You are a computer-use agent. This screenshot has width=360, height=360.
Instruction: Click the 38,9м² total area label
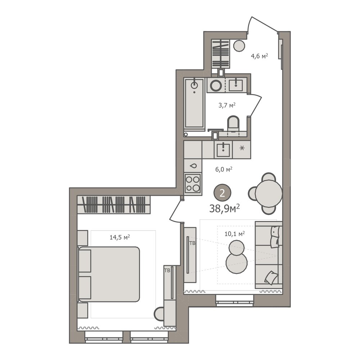pyautogui.click(x=225, y=208)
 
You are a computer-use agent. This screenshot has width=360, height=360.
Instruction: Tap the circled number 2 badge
pyautogui.click(x=222, y=193)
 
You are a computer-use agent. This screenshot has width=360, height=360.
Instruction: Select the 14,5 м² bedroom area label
pyautogui.click(x=120, y=237)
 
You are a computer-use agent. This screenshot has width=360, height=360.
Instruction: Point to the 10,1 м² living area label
pyautogui.click(x=234, y=234)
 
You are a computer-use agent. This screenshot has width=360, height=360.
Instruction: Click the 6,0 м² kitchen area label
pyautogui.click(x=224, y=170)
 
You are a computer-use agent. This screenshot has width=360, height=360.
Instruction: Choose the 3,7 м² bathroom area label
pyautogui.click(x=227, y=105)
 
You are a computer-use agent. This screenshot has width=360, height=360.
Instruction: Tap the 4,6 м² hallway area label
pyautogui.click(x=260, y=56)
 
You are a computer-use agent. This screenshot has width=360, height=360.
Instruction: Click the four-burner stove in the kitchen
pyautogui.click(x=193, y=183)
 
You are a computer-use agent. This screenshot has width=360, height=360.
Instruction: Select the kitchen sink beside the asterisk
pyautogui.click(x=223, y=149)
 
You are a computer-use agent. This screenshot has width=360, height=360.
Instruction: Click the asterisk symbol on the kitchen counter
pyautogui.click(x=242, y=148)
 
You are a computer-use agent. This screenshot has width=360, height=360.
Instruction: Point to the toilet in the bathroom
pyautogui.click(x=233, y=124)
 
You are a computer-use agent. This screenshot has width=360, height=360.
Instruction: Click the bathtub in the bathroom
pyautogui.click(x=194, y=104)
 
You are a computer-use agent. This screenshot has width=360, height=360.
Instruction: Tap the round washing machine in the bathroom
pyautogui.click(x=216, y=85)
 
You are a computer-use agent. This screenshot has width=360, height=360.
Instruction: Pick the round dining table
pyautogui.click(x=269, y=193)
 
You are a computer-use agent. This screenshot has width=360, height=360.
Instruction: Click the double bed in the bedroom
pyautogui.click(x=109, y=274)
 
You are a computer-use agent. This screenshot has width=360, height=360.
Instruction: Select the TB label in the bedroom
pyautogui.click(x=167, y=270)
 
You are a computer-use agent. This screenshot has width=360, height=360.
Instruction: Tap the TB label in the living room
pyautogui.click(x=192, y=243)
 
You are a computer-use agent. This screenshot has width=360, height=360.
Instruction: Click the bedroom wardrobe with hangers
pyautogui.click(x=114, y=204)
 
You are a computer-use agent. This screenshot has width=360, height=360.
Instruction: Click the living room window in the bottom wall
pyautogui.click(x=235, y=301)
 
